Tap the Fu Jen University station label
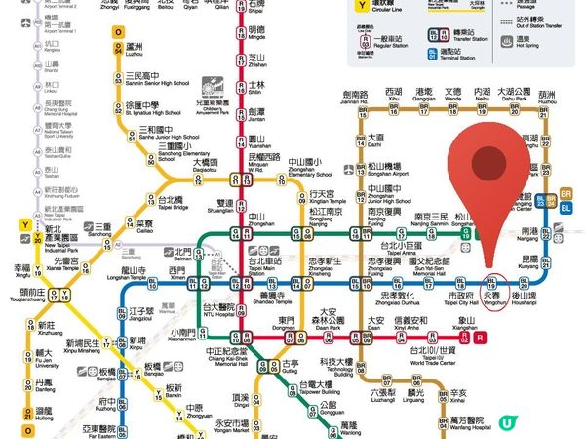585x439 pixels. click(45, 358)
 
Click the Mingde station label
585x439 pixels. click(256, 33)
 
